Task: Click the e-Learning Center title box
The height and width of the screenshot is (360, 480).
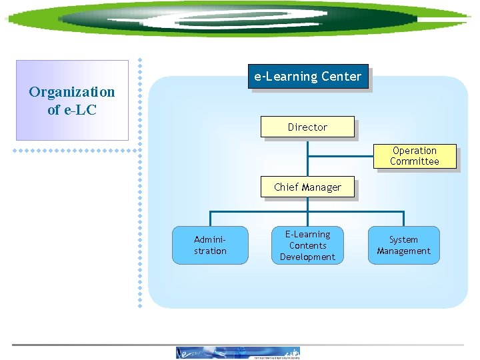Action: click(x=307, y=77)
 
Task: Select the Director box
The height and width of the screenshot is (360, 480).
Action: click(x=307, y=127)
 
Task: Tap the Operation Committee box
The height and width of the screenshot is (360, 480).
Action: click(x=415, y=157)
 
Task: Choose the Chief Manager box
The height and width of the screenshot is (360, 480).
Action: click(x=307, y=187)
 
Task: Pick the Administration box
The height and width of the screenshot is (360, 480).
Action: click(x=210, y=245)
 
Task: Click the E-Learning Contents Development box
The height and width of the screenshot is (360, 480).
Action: click(x=307, y=245)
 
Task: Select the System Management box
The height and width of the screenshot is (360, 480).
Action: click(x=403, y=245)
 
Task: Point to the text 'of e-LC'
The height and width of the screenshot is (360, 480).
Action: click(x=72, y=110)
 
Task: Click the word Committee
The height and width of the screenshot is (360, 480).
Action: click(x=415, y=161)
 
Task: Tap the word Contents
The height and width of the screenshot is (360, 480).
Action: click(x=307, y=245)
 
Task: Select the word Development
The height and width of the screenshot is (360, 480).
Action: click(x=307, y=257)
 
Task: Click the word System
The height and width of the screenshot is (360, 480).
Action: click(x=403, y=239)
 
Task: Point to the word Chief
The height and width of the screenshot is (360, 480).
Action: click(x=285, y=187)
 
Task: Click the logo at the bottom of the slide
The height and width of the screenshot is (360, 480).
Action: click(x=238, y=353)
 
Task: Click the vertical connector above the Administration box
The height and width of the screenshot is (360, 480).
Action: click(x=211, y=219)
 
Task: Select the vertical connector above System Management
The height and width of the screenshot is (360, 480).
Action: click(x=403, y=219)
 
